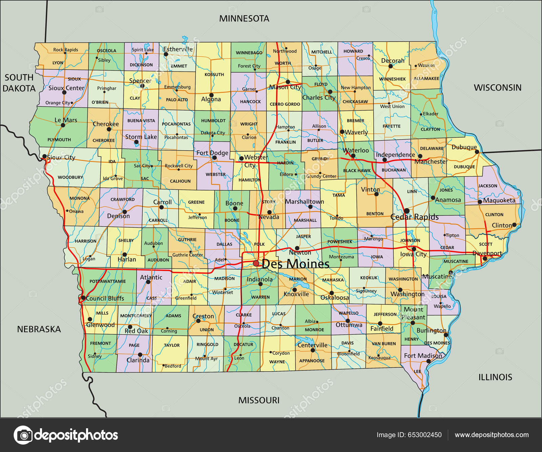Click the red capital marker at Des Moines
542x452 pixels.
point(256,263)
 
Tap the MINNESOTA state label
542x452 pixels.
point(244,19)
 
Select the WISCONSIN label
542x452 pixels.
point(497,88)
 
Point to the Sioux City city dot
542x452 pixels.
point(44,157)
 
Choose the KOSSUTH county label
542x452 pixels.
point(214,75)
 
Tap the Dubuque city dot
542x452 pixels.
point(477,152)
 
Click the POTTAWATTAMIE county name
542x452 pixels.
point(107,281)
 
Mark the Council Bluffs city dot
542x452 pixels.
point(83,298)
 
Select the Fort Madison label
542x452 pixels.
point(423,355)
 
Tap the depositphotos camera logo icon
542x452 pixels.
point(23,435)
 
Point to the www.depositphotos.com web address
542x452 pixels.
point(492,435)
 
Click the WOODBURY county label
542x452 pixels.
point(70,177)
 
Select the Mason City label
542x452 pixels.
point(285,87)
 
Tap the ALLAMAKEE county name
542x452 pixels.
point(426,79)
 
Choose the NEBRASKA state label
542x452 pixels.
point(39,329)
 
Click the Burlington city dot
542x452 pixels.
point(446,335)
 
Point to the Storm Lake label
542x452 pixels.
point(141,137)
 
